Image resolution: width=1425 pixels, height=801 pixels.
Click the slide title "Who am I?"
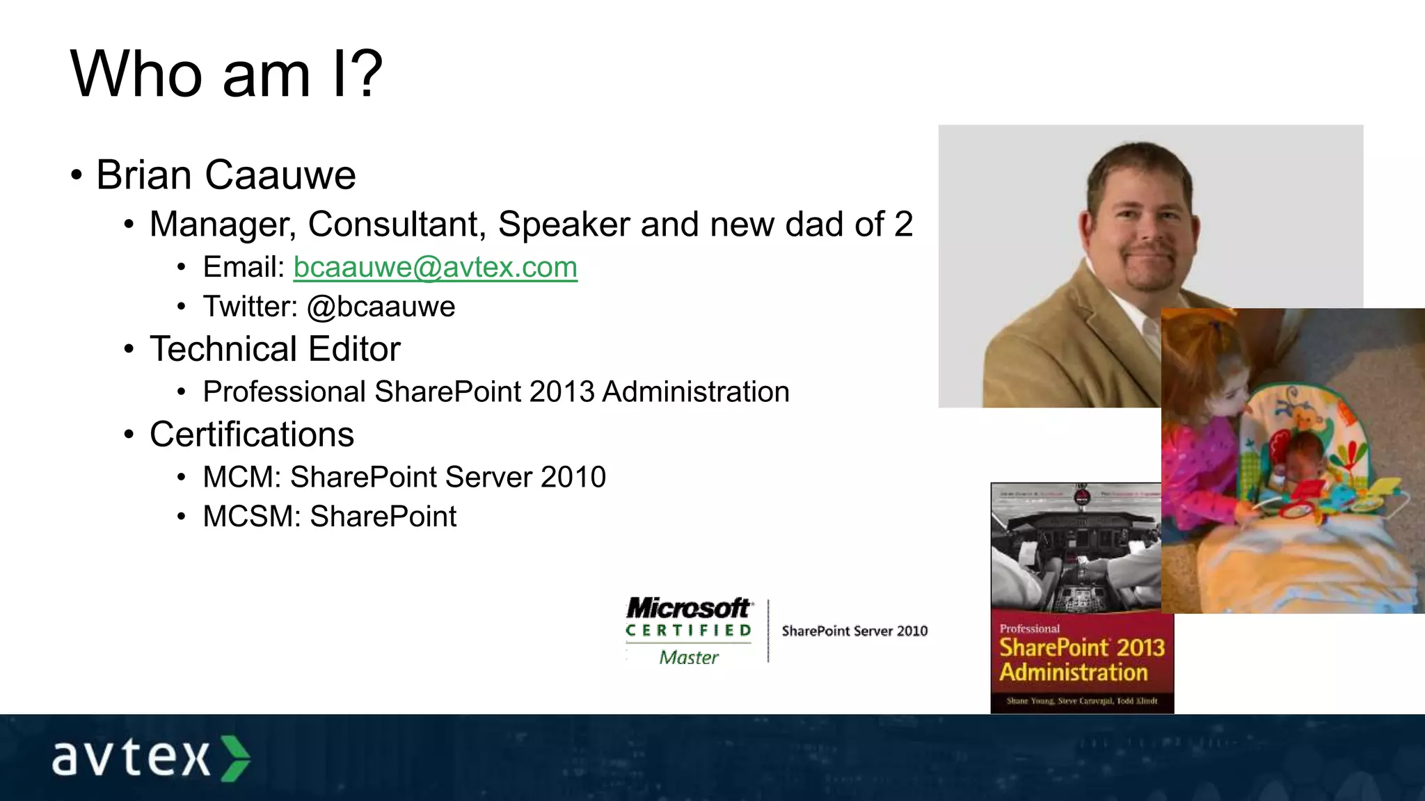click(226, 74)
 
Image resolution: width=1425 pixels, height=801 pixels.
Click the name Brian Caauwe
click(226, 175)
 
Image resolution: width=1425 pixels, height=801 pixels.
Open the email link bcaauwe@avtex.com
click(436, 267)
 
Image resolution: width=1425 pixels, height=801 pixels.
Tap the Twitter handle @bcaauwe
click(381, 307)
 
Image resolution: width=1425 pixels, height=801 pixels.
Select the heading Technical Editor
click(275, 349)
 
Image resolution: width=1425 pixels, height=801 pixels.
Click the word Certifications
click(252, 435)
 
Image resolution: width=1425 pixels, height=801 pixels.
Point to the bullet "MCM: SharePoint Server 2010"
click(404, 477)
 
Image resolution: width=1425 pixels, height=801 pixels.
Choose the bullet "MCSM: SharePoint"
click(330, 517)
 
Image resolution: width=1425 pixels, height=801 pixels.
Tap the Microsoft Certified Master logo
click(689, 630)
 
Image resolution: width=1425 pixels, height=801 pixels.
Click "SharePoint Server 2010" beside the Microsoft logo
click(854, 631)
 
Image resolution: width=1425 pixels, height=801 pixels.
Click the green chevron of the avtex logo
click(236, 758)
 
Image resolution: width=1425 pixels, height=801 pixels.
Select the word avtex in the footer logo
click(131, 758)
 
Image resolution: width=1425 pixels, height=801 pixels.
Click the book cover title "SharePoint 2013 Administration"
click(1081, 660)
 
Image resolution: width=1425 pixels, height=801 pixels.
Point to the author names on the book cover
click(1081, 701)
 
